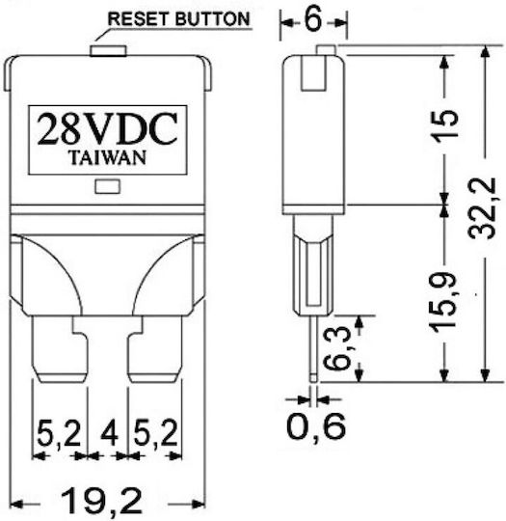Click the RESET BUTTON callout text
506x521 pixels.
point(179,18)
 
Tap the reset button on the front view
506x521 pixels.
point(108,51)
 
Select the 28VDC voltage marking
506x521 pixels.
point(107,129)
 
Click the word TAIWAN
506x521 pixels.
point(108,158)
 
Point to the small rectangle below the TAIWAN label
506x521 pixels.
point(108,186)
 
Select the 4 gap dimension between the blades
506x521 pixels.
point(109,432)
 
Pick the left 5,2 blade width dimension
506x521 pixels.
point(60,433)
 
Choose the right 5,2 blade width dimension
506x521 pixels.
point(156,433)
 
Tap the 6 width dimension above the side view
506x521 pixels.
point(313,19)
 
